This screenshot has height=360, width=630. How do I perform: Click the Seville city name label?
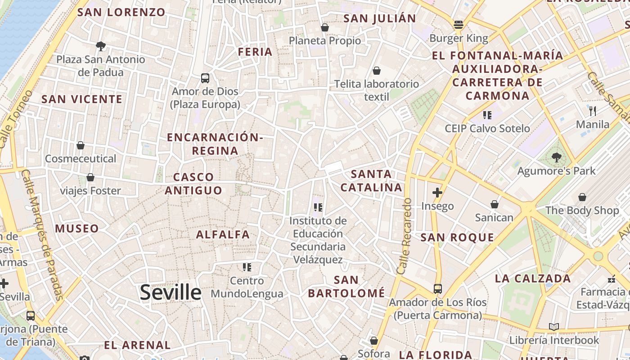tap(171, 292)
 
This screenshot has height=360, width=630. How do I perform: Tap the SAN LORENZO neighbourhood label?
tap(121, 12)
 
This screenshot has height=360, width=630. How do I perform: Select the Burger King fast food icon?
tap(459, 25)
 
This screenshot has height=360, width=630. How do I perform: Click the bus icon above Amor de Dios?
tap(205, 78)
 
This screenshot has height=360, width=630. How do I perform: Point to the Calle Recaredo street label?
tap(405, 236)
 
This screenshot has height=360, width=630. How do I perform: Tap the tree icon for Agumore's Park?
tap(557, 157)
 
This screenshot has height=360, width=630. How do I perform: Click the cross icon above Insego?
tap(437, 193)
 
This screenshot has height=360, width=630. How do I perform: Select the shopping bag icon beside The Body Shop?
tap(582, 197)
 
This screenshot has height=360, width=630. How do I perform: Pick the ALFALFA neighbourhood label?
tap(223, 234)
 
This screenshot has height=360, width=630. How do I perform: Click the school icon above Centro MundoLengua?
tap(247, 267)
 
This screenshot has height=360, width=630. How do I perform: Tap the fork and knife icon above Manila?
tap(593, 111)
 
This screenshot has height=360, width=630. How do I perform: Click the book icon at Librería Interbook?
tap(554, 327)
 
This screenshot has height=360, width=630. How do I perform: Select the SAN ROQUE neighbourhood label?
tap(457, 237)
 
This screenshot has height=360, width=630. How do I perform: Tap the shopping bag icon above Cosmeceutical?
tap(81, 145)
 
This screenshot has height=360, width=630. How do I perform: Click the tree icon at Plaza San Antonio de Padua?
tap(101, 46)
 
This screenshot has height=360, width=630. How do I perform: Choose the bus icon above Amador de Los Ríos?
tap(437, 288)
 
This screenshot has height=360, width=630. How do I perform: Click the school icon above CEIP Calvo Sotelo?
tap(487, 115)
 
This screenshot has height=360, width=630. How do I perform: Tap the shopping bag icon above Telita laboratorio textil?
tap(377, 71)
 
